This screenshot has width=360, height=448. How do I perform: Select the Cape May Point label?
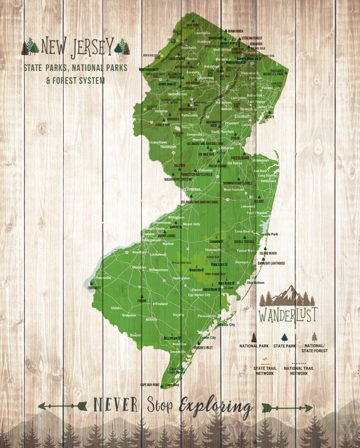pos(150,385)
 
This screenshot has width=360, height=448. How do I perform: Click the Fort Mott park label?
pos(95,288)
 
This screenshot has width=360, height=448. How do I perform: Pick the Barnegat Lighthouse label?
pos(271,263)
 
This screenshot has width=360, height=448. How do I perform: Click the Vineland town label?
pos(161,303)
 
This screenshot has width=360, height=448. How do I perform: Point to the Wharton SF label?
pos(196,270)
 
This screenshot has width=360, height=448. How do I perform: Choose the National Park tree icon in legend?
pos(254,337)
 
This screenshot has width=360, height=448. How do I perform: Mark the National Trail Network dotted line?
pos(299,363)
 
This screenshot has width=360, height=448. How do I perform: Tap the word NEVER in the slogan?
pos(115,405)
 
